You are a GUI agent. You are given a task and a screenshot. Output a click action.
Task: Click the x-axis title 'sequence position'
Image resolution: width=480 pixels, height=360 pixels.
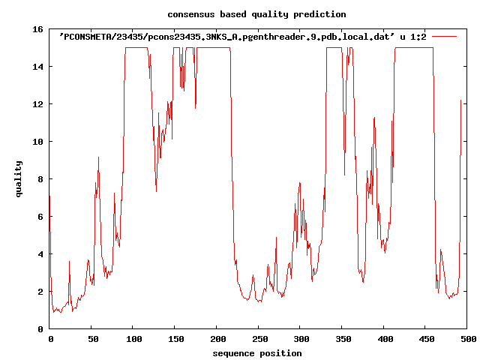tap(256, 353)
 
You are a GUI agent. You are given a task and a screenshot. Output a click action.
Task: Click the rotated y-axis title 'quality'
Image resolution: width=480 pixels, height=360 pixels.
tap(19, 178)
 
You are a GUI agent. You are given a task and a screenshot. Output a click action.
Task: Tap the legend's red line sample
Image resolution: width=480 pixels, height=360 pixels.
tap(444, 35)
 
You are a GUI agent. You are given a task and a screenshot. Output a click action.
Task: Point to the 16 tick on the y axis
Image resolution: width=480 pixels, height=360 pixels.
tap(37, 29)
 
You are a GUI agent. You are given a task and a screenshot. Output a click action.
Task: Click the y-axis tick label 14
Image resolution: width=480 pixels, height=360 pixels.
tap(37, 67)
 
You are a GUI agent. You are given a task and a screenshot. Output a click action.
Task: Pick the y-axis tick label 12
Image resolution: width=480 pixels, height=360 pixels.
tap(37, 104)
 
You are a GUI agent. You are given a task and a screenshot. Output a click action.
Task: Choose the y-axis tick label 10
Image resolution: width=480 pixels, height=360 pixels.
tap(37, 142)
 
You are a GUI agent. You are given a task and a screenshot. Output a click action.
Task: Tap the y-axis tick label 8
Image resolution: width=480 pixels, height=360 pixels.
tap(40, 179)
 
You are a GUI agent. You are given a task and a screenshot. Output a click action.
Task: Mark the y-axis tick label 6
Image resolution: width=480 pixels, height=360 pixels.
tap(40, 217)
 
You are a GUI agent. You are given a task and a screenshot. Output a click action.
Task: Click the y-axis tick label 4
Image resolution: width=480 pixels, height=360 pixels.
tap(40, 254)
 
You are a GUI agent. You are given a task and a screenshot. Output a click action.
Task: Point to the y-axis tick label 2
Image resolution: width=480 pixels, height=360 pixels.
tap(40, 292)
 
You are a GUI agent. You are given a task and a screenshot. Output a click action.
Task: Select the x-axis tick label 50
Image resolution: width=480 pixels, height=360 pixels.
tap(92, 340)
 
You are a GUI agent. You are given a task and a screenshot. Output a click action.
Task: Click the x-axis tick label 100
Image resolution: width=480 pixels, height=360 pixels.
tap(134, 340)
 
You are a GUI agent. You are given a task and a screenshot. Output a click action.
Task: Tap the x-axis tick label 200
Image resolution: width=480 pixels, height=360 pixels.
tap(217, 340)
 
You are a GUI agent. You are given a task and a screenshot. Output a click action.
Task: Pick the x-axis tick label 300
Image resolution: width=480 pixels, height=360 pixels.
tap(300, 340)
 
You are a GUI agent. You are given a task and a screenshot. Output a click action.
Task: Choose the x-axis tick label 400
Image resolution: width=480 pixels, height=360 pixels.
tap(383, 340)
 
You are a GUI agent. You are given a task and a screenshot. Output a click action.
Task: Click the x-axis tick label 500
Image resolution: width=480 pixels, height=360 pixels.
tap(466, 340)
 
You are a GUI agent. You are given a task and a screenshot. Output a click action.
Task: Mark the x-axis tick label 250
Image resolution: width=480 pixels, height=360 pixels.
tap(259, 340)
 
